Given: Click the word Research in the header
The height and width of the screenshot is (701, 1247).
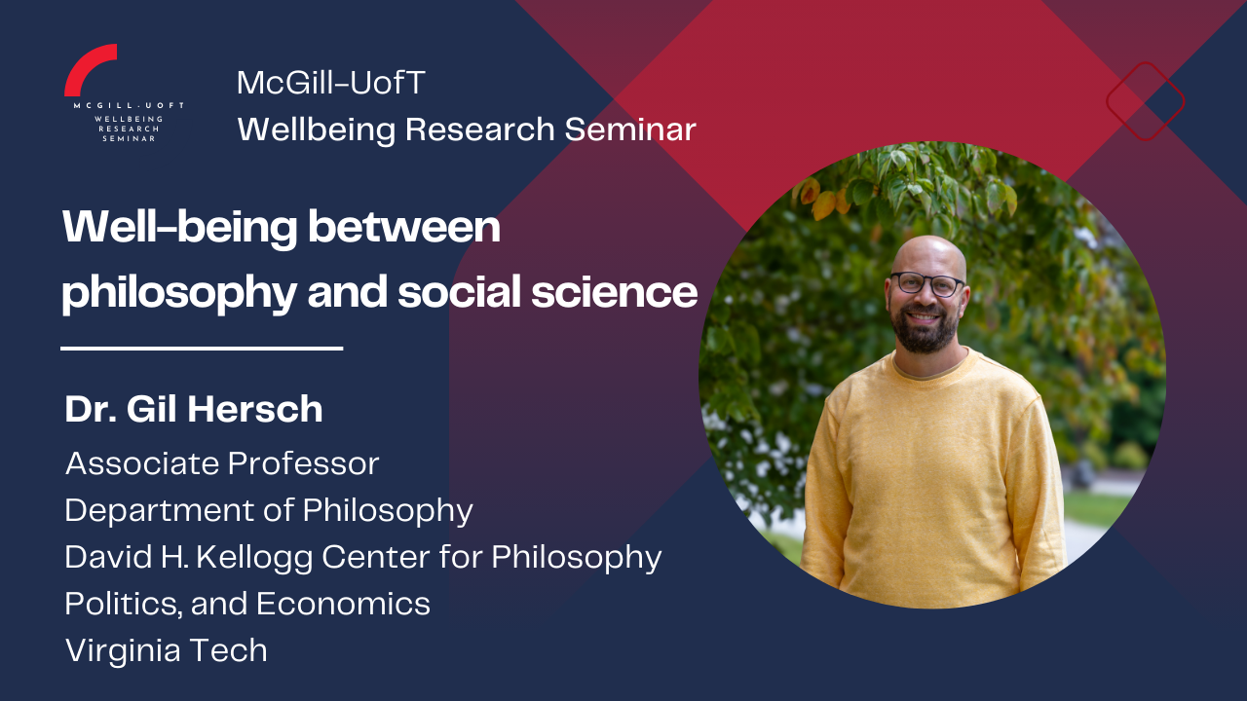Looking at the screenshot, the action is click(x=480, y=129).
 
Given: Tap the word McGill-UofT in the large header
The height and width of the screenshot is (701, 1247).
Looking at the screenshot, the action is click(x=330, y=83).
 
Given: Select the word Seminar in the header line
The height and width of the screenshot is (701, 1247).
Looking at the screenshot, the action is click(x=630, y=129).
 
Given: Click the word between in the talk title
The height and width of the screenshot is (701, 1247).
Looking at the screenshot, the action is click(x=404, y=227).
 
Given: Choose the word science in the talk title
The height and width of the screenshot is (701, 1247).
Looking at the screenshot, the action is click(x=614, y=292).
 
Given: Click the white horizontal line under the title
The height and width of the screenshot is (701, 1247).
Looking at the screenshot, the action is click(x=202, y=349).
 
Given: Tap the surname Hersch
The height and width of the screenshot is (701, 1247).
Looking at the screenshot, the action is click(x=255, y=410).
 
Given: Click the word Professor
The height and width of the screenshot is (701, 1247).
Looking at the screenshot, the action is click(x=303, y=463).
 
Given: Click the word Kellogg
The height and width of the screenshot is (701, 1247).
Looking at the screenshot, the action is click(x=254, y=558).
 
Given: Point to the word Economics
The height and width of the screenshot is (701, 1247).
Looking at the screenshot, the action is click(x=343, y=604).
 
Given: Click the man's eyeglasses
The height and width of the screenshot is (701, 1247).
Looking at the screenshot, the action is click(x=926, y=283).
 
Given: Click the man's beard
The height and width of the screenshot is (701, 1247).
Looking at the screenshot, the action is click(x=925, y=331).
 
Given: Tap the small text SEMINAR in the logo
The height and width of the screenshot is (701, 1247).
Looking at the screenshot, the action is click(x=129, y=138).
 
